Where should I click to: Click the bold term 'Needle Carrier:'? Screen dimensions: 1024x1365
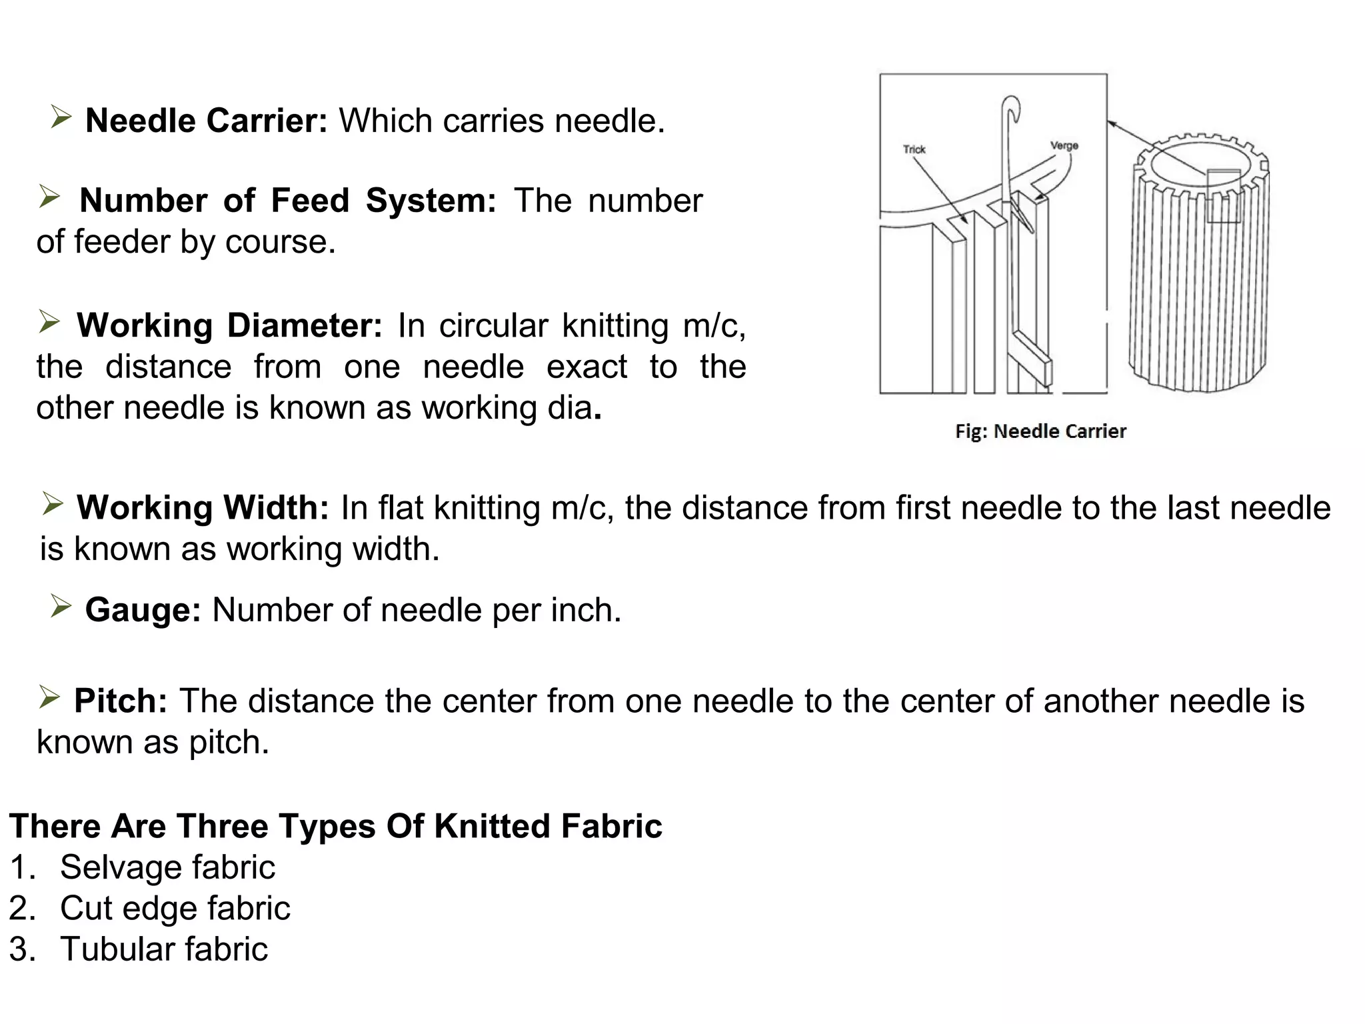click(x=206, y=121)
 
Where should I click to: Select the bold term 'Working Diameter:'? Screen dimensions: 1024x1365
click(x=229, y=326)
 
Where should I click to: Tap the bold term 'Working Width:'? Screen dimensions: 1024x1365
click(x=203, y=508)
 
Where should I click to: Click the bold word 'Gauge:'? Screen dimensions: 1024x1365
click(x=143, y=610)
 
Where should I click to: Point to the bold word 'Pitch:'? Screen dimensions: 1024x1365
click(x=121, y=701)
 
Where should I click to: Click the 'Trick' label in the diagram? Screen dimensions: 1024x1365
click(x=914, y=149)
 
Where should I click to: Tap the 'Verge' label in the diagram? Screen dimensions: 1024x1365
click(x=1064, y=145)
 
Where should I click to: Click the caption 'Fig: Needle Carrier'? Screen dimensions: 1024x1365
click(x=1040, y=431)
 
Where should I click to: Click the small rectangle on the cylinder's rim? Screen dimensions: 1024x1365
click(x=1224, y=196)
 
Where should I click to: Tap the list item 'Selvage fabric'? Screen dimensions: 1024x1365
click(x=167, y=867)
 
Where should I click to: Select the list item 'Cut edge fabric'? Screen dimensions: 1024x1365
click(x=175, y=908)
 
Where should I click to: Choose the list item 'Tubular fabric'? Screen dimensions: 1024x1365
click(x=164, y=949)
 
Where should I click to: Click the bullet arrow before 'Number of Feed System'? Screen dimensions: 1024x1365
click(x=49, y=197)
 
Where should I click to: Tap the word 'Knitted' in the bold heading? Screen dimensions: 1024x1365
click(x=493, y=826)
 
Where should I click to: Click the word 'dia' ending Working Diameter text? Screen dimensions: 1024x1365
click(x=569, y=408)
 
